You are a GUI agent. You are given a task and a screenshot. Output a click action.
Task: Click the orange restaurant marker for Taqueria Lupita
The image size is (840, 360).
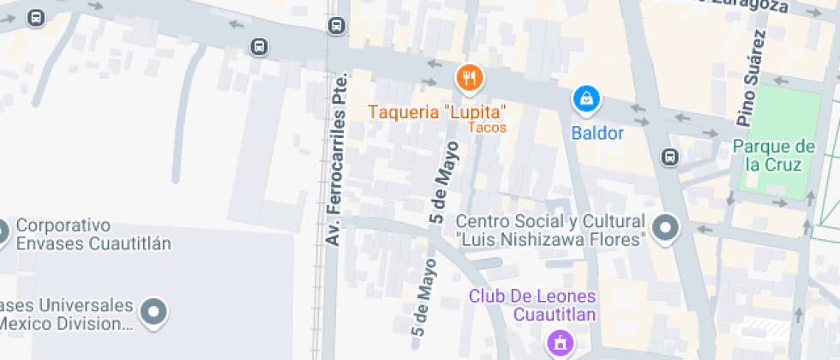point(469,80)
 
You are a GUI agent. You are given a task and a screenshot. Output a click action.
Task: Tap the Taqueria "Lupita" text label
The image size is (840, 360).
point(437,111)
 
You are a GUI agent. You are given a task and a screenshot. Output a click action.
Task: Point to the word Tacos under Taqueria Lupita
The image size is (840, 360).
point(488,128)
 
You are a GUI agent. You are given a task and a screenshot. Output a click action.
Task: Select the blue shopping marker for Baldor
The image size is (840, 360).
point(586,99)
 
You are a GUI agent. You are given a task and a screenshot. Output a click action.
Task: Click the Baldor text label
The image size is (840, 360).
point(597,133)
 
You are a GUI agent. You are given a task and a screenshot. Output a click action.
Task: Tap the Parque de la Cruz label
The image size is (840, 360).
point(773,155)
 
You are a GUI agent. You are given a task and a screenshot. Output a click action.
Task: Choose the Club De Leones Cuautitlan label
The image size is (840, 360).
point(531,305)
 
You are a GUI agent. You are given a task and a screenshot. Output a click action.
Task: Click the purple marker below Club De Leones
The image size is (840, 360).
point(561,343)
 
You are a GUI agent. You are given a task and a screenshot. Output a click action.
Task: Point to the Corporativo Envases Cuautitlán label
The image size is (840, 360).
point(93,234)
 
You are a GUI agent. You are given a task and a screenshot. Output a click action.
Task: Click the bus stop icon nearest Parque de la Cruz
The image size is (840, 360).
point(669,157)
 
